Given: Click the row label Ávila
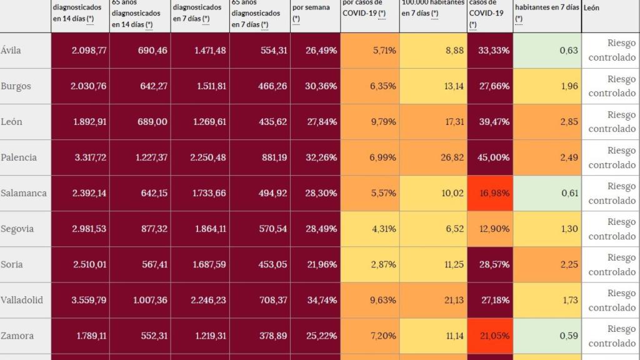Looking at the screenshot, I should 11,51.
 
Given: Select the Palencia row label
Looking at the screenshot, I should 19,157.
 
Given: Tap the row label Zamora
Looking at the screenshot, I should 17,336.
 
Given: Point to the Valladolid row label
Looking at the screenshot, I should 22,301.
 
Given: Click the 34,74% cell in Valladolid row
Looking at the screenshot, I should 321,301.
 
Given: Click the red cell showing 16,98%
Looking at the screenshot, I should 493,193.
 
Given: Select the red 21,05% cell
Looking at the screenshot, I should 493,336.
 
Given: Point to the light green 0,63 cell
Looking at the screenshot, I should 568,51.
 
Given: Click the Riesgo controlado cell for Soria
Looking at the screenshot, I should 612,265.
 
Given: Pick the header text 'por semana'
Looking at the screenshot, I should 311,7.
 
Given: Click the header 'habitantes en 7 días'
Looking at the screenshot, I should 547,7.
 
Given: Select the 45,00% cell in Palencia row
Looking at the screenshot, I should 493,157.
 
